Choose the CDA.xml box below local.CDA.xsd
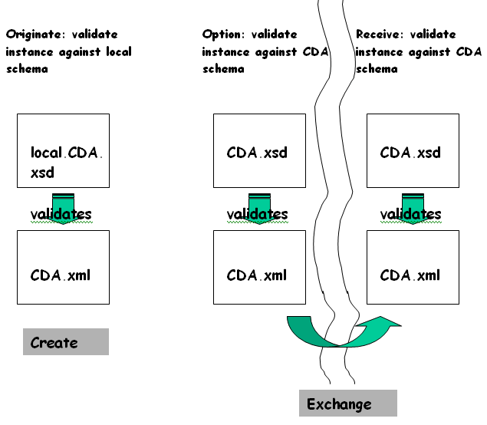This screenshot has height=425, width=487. [x=63, y=267]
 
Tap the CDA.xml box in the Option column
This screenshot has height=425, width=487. [x=259, y=267]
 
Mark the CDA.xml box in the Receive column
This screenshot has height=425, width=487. [x=413, y=267]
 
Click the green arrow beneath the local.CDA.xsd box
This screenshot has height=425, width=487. [x=63, y=204]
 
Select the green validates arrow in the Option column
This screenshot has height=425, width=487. [x=259, y=204]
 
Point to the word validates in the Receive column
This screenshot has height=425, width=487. [x=412, y=214]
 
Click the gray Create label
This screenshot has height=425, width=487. [x=66, y=342]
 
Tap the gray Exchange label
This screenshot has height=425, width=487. [x=347, y=404]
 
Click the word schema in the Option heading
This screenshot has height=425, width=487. [x=223, y=69]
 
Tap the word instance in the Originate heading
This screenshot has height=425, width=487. [x=30, y=52]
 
